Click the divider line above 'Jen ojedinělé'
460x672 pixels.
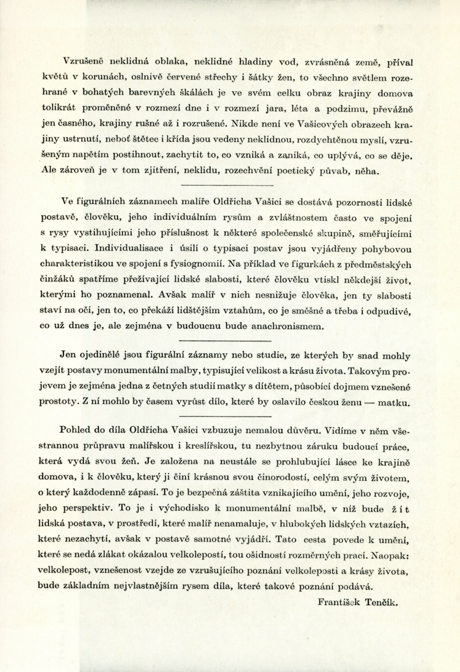(x=225, y=341)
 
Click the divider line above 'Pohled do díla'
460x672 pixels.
(x=225, y=416)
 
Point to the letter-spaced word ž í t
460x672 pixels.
(x=399, y=509)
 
